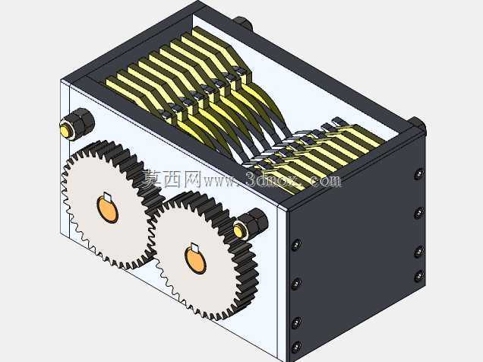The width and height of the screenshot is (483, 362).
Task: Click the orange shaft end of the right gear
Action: (x=195, y=259)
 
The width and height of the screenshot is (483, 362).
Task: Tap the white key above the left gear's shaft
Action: (x=108, y=197)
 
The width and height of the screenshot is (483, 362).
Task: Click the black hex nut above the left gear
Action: (x=80, y=122)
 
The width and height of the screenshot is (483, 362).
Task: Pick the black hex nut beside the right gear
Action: (x=253, y=223)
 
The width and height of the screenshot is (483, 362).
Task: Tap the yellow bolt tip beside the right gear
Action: (x=239, y=230)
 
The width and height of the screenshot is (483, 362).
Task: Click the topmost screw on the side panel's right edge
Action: (x=418, y=174)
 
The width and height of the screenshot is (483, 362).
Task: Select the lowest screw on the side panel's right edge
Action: (x=419, y=275)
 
